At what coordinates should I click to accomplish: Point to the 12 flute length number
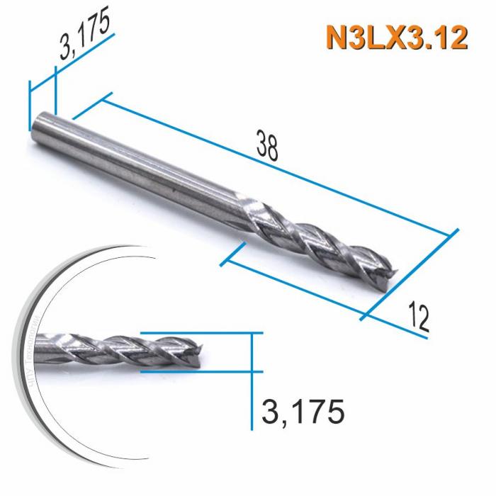[418, 319]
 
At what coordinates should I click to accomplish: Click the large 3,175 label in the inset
[303, 411]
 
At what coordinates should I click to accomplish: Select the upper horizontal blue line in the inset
[198, 332]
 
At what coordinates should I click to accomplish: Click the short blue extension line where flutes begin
[234, 254]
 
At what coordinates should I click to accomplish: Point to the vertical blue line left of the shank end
[29, 106]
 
